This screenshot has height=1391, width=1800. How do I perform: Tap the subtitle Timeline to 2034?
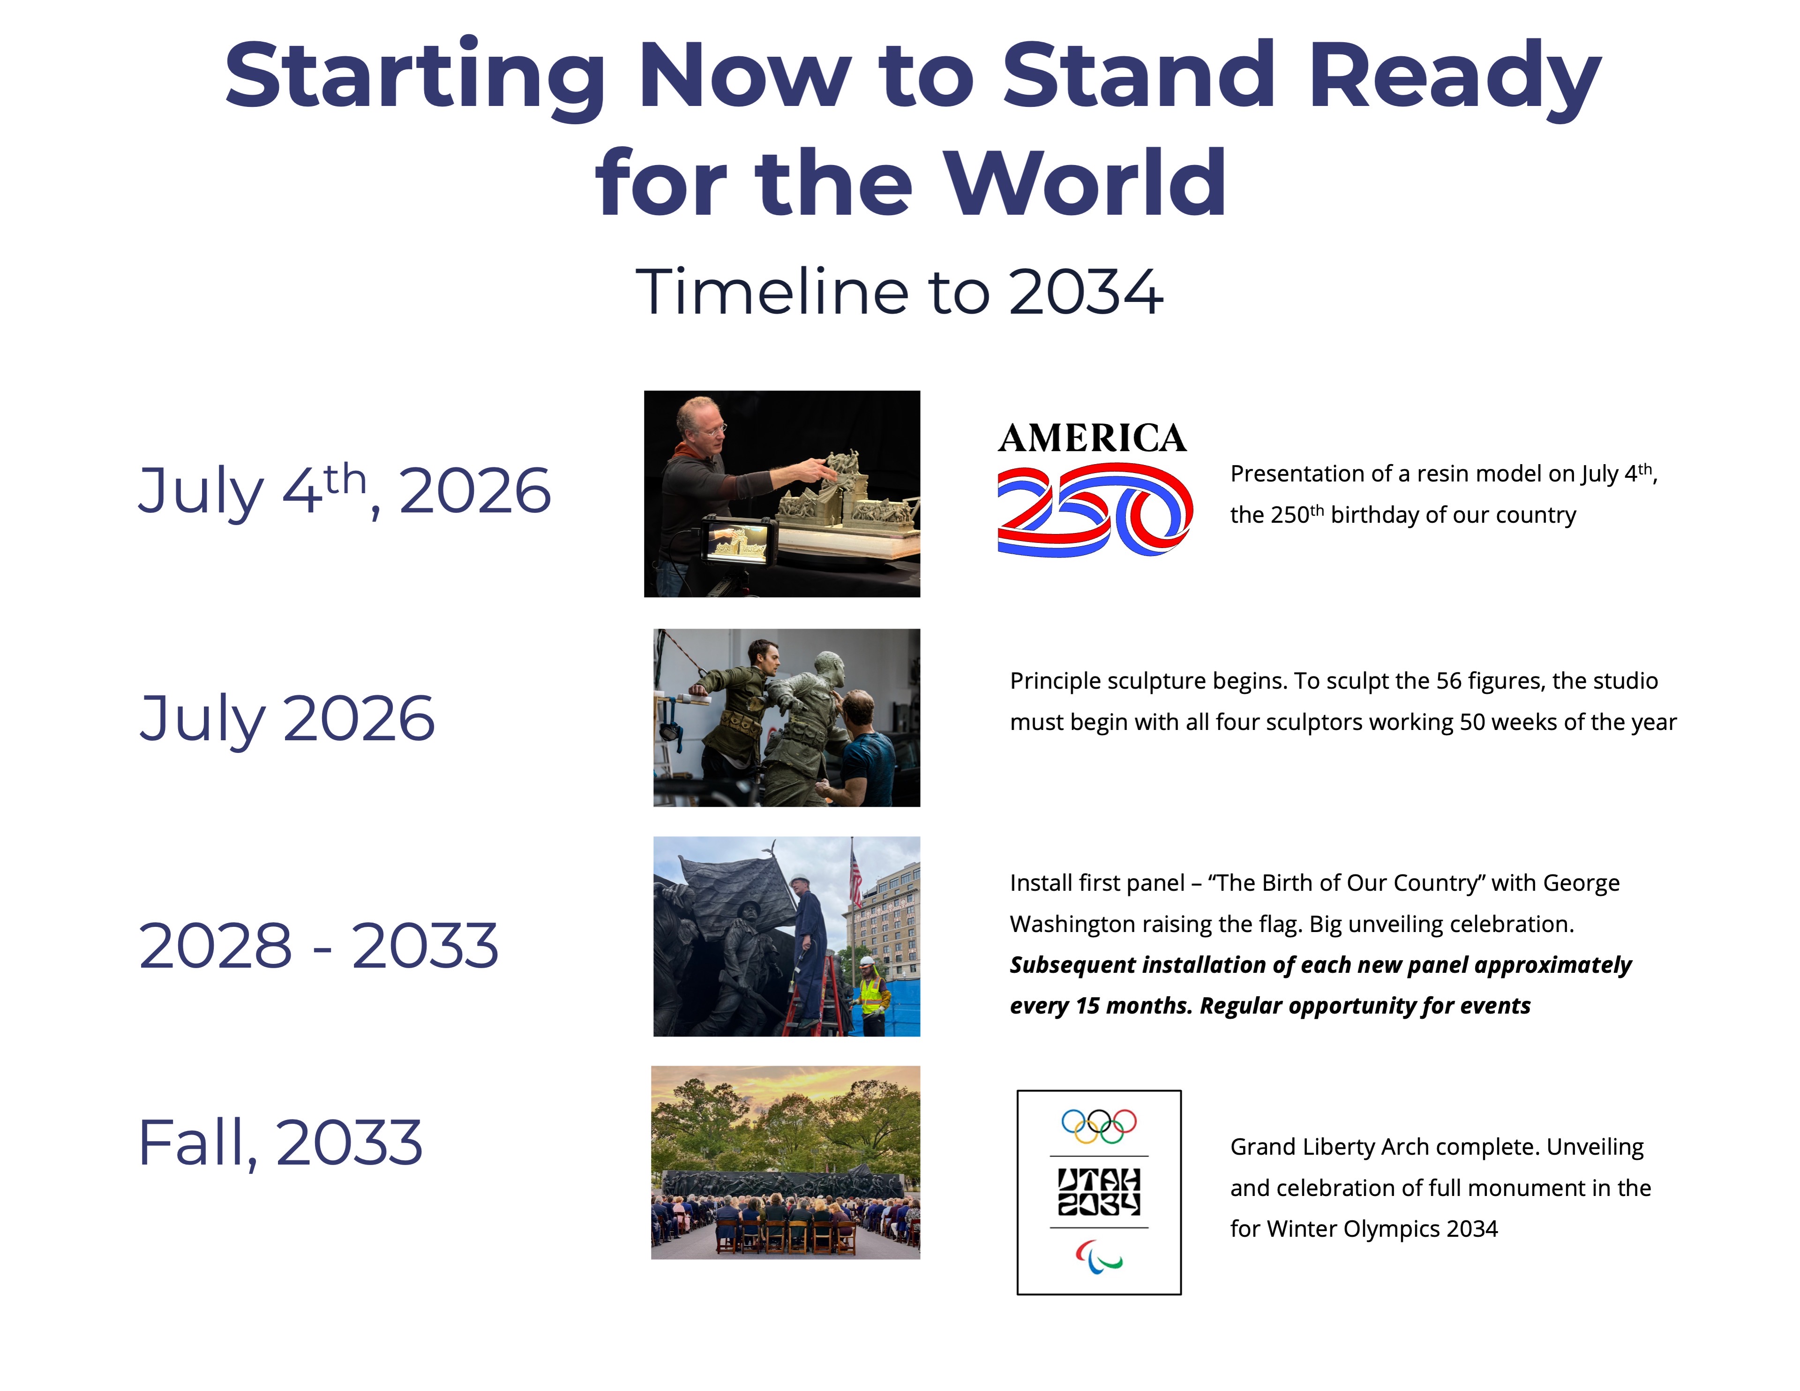pos(899,292)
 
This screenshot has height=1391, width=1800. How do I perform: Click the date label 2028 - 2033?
pos(318,945)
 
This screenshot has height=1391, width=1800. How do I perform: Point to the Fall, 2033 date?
pos(280,1143)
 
